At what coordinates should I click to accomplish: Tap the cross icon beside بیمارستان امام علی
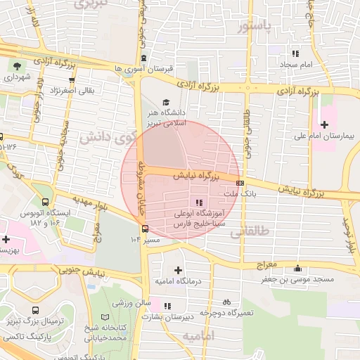[x=324, y=124]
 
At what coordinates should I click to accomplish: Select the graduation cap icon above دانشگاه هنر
[x=165, y=102]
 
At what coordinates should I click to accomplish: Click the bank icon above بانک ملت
[x=240, y=184]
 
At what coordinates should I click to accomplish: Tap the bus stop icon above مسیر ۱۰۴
[x=146, y=229]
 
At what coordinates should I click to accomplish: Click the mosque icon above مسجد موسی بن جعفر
[x=298, y=269]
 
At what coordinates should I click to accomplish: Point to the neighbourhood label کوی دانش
[x=105, y=136]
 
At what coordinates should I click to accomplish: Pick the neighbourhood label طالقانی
[x=250, y=231]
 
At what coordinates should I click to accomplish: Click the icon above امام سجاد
[x=296, y=53]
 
